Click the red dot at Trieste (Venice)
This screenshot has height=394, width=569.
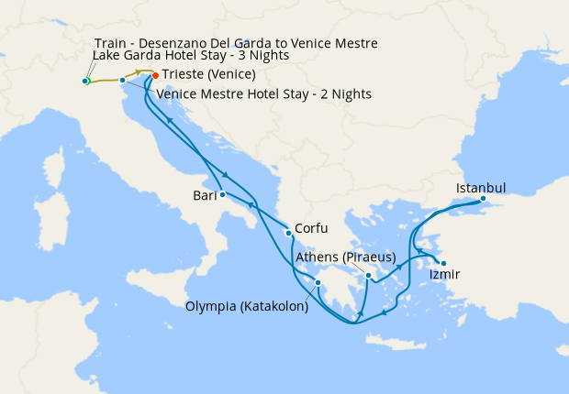154,75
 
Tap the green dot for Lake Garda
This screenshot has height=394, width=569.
85,82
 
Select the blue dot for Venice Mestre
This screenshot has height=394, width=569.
122,81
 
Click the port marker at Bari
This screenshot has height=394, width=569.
223,194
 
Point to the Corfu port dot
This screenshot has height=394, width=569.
288,233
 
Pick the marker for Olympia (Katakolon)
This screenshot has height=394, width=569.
318,282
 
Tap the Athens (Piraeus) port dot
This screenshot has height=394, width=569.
368,276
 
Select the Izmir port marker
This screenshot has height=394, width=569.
443,263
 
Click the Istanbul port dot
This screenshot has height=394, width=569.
483,200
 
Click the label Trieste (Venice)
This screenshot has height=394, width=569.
208,74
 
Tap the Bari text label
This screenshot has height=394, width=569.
204,195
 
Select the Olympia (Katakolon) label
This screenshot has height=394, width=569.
247,307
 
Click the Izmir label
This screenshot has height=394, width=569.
445,275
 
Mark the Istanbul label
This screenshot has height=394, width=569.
481,188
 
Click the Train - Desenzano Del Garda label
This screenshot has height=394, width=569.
236,43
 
